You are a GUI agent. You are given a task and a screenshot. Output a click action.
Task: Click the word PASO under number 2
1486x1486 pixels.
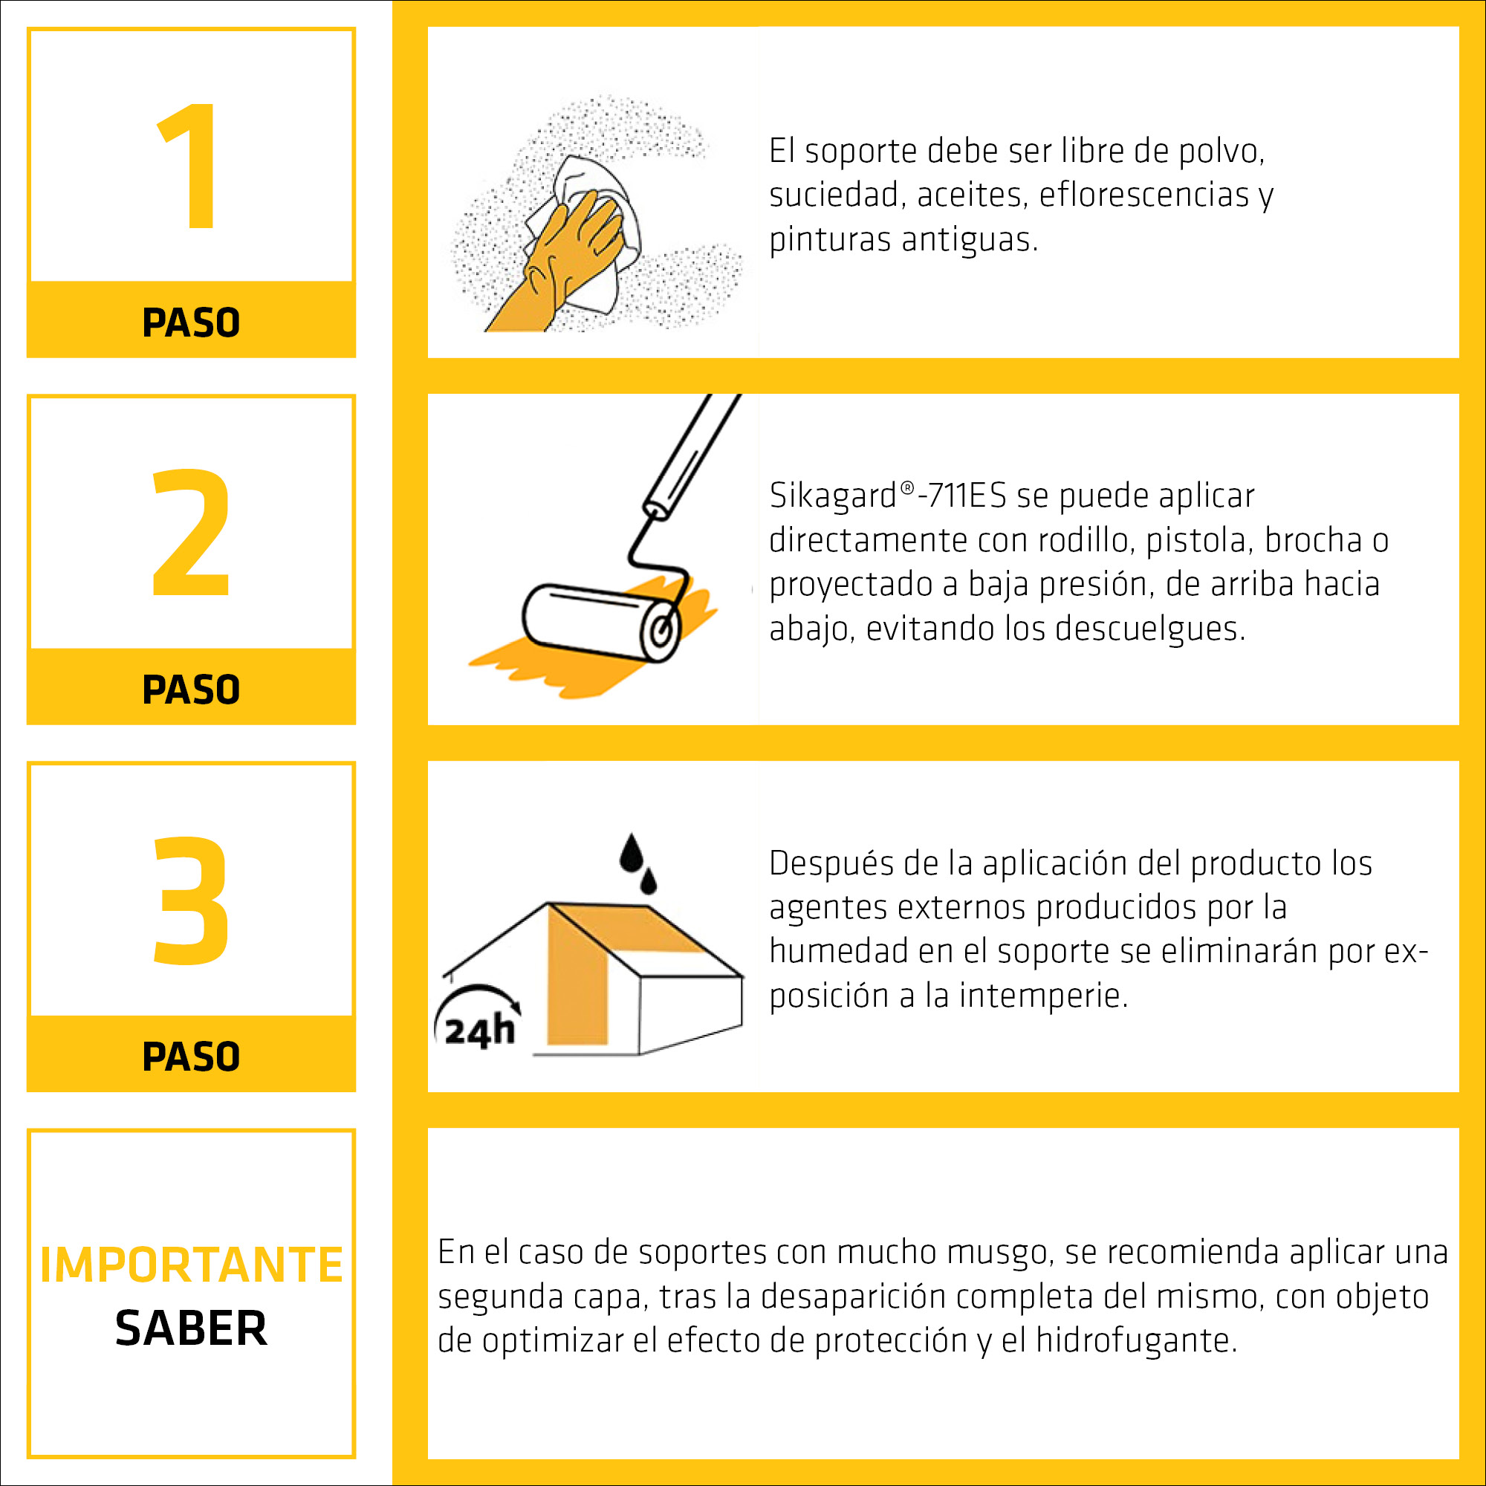(x=191, y=690)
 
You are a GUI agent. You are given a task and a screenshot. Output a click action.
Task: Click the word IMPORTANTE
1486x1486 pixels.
(x=192, y=1265)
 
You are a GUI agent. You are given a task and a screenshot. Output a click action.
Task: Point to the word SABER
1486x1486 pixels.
(x=192, y=1329)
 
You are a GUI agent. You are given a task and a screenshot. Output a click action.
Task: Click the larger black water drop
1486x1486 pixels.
(x=632, y=854)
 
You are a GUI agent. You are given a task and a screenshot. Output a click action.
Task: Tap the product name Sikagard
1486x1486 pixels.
(x=833, y=496)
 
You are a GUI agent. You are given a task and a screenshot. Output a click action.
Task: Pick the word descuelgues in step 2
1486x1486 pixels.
(x=1150, y=629)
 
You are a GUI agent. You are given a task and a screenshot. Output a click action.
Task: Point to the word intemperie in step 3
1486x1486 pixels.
(x=1043, y=996)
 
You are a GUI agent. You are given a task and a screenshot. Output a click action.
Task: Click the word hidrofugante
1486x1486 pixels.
(x=1137, y=1340)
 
